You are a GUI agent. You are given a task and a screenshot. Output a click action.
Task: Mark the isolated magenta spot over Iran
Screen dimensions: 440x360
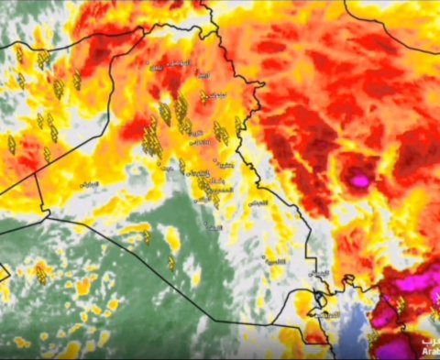pos(359,180)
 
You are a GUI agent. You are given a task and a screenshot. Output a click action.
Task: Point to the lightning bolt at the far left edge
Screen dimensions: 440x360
pos(11,143)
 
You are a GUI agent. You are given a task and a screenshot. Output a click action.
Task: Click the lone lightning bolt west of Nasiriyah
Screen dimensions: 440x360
pos(170,264)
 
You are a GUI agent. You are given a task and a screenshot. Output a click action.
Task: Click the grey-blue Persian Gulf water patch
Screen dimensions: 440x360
pos(353,325)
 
